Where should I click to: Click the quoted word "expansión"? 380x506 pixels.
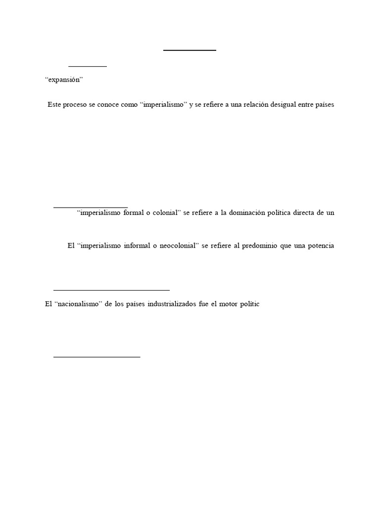pos(63,80)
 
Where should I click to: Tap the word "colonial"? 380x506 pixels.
pos(164,213)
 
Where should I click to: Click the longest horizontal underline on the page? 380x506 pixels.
pos(111,290)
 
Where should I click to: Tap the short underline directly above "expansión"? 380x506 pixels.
pos(88,66)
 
